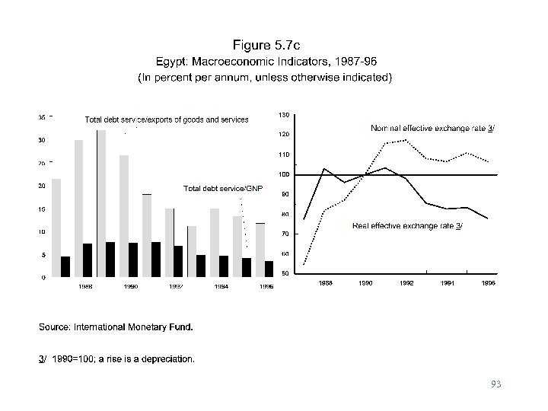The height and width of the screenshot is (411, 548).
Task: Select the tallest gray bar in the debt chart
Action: coord(101,202)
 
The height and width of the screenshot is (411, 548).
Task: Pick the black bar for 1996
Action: coord(269,269)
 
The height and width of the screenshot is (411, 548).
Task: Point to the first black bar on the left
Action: coord(65,266)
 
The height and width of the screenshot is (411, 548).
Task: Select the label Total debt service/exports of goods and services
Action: coord(167,119)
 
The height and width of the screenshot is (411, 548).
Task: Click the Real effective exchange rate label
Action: coord(407,226)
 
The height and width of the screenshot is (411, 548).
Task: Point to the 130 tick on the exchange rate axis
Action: coord(284,115)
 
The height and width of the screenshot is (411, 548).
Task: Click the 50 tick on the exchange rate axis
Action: coord(284,273)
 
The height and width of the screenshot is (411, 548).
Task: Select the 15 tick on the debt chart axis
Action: coord(42,209)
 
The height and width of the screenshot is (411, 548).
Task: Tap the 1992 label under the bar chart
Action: coord(176,286)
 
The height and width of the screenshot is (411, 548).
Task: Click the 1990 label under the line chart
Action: coord(365,282)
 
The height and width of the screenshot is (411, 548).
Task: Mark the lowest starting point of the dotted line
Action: coord(304,264)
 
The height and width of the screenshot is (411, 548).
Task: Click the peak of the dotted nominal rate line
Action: coord(406,139)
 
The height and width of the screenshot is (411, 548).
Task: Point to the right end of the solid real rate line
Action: coord(488,218)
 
